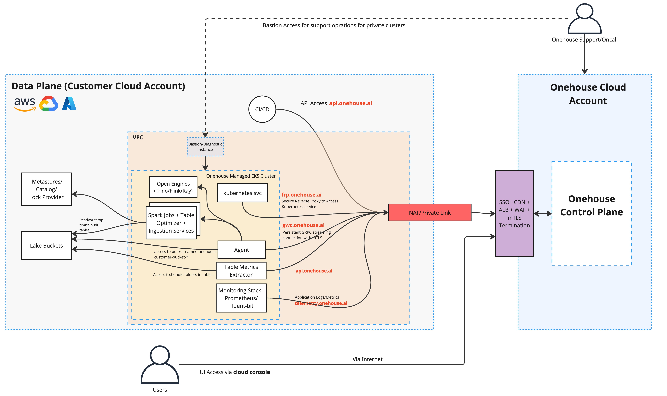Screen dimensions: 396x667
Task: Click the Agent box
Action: pyautogui.click(x=241, y=250)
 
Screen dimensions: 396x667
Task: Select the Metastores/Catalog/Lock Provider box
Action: pyautogui.click(x=46, y=189)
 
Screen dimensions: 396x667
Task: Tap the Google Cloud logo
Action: pyautogui.click(x=49, y=104)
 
